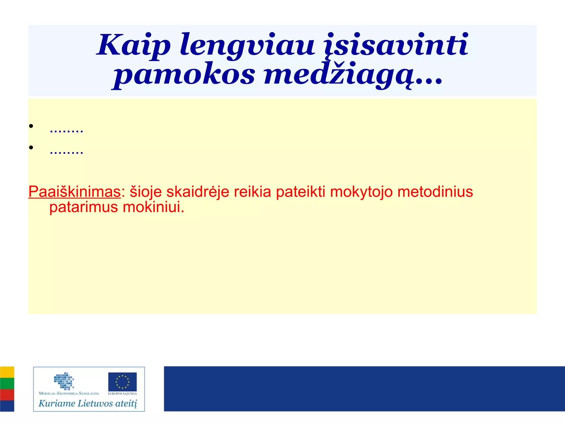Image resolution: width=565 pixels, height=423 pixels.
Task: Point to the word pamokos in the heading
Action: coord(184,75)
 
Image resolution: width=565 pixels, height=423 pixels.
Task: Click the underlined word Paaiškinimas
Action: coord(74,192)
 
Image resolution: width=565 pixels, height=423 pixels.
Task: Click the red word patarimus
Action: coord(84,207)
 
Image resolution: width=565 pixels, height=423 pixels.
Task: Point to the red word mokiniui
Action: coord(153,207)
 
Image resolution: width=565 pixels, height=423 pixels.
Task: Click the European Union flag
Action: coord(122,382)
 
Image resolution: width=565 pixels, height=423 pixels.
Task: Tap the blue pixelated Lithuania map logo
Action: coord(64,381)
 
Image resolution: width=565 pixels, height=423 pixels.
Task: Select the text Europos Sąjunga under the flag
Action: coord(122,394)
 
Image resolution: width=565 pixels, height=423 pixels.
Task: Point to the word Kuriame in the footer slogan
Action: coord(57,403)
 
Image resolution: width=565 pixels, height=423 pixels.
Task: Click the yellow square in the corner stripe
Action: coord(7,372)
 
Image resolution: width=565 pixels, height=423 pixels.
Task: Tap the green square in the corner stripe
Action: coord(7,383)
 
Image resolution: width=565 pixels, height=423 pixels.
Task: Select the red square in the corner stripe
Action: coord(7,395)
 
